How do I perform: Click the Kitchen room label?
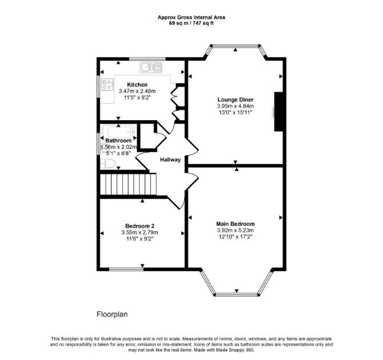pos(137,85)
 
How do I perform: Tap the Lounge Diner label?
pos(235,100)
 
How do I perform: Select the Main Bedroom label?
pos(235,224)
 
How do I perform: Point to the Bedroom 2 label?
pos(139,226)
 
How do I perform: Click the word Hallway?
pos(170,160)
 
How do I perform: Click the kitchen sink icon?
pos(151,67)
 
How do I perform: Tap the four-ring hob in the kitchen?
pos(107,84)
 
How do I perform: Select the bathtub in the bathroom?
pos(119,132)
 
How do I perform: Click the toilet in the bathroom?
pos(107,163)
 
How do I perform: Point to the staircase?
pos(128,184)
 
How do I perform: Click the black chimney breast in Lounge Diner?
pos(278,112)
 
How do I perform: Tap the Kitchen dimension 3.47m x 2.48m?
pos(137,91)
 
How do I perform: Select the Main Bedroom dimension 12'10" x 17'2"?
pos(235,236)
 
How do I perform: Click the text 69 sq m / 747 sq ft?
pos(191,23)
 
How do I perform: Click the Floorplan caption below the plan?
pos(112,314)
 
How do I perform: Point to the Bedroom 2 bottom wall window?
pos(126,269)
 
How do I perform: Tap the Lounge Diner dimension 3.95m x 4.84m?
pos(235,106)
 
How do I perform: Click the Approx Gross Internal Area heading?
pos(191,17)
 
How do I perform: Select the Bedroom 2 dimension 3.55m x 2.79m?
pos(139,232)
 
